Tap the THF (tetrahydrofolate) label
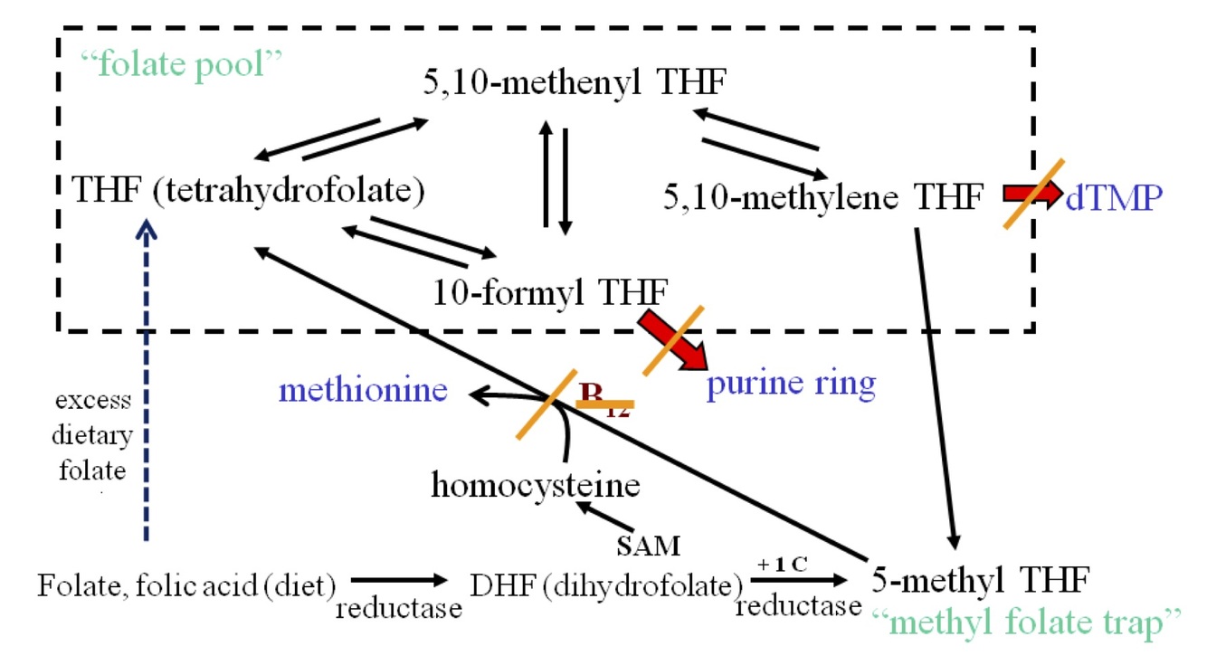coord(249,192)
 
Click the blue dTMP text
coord(1112,196)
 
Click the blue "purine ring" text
coord(791,384)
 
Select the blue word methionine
coord(363,390)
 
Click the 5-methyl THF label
coord(982,577)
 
